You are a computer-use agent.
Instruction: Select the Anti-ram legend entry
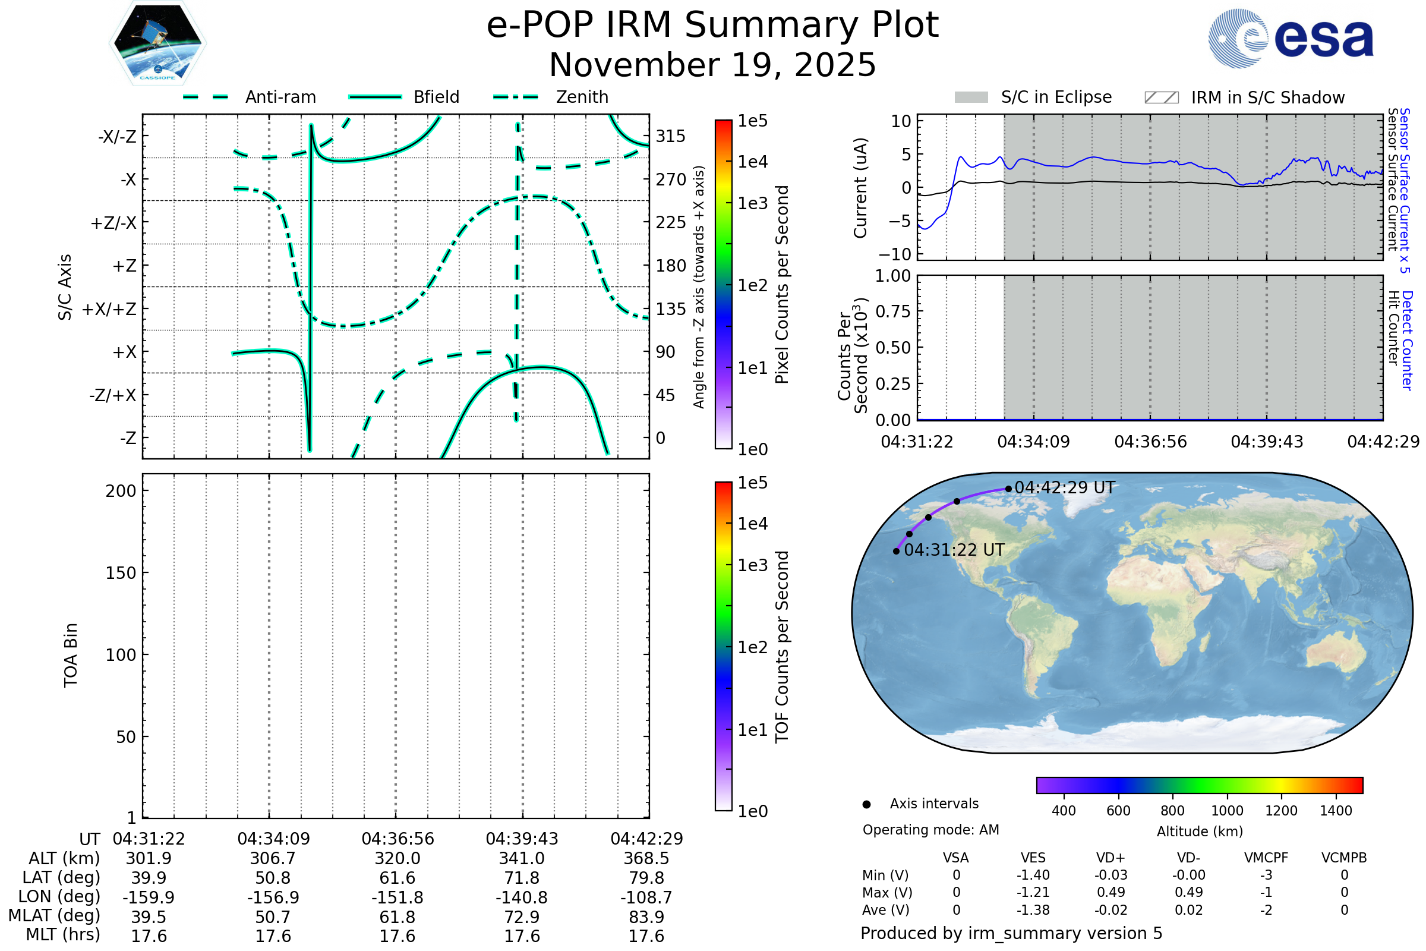[x=280, y=97]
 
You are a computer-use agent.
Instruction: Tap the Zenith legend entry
[x=582, y=97]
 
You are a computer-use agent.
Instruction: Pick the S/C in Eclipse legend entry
[x=1056, y=97]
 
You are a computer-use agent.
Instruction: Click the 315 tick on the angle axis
[x=671, y=136]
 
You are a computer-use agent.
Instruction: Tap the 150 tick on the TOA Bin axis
[x=121, y=573]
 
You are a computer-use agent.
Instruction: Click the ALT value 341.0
[x=522, y=859]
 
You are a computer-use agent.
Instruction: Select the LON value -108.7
[x=646, y=898]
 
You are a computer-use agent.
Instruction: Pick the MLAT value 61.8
[x=397, y=917]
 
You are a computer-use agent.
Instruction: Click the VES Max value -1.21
[x=1033, y=893]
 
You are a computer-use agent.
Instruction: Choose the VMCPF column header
[x=1266, y=858]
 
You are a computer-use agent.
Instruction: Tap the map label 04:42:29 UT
[x=1065, y=487]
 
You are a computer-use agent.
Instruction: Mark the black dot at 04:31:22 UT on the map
[x=896, y=552]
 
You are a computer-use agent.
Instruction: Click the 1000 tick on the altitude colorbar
[x=1226, y=811]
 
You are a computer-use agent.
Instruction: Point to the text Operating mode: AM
[x=930, y=830]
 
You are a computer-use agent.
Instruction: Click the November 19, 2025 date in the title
[x=712, y=65]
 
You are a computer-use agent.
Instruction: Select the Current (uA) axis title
[x=860, y=188]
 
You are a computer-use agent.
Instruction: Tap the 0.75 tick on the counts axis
[x=893, y=311]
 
